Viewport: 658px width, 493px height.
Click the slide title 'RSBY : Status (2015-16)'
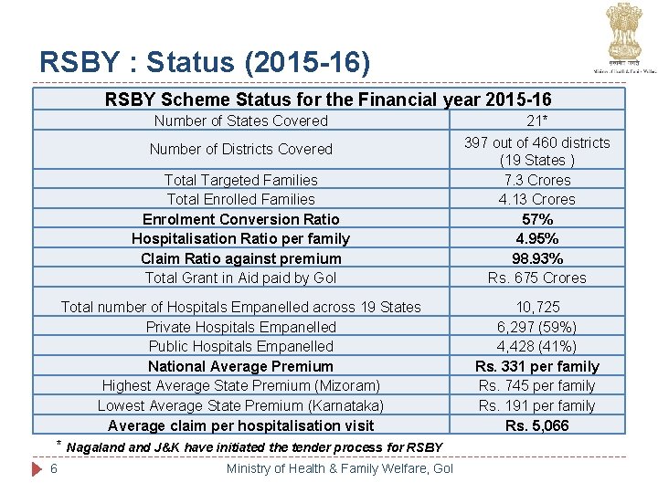coord(206,62)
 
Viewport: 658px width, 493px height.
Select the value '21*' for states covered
coord(536,121)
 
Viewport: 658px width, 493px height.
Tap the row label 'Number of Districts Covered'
coord(241,149)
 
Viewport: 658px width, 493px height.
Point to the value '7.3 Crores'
coord(536,180)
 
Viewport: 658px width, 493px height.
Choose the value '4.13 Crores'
coord(536,199)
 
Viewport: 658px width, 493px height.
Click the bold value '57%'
coord(536,219)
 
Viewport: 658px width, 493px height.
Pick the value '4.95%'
coord(536,238)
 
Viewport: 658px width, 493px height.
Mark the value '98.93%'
coord(536,258)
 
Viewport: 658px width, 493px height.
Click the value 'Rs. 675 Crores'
coord(536,278)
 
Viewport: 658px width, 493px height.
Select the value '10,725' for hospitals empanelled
coord(537,307)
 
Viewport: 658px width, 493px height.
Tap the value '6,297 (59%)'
coord(536,327)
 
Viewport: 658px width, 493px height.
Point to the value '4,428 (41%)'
coord(536,346)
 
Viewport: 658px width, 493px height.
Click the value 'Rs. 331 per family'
coord(536,366)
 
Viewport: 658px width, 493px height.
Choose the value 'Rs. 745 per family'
coord(536,385)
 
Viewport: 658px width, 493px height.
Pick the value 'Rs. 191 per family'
coord(536,405)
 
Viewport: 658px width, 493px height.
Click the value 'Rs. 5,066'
coord(536,425)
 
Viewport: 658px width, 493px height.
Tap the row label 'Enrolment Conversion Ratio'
coord(241,219)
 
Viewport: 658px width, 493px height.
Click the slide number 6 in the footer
coord(55,468)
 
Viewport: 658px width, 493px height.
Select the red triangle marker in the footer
coord(37,468)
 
